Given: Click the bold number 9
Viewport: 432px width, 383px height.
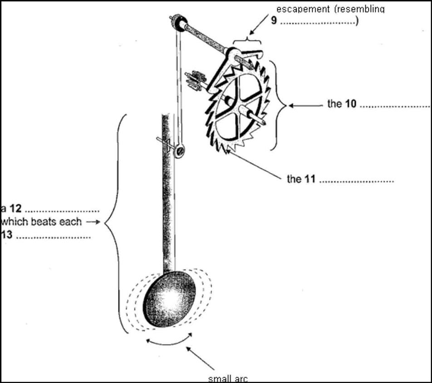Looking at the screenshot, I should (274, 21).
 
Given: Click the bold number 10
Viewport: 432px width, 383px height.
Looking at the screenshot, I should (350, 104).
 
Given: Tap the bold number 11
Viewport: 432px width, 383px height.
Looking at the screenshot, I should (309, 179).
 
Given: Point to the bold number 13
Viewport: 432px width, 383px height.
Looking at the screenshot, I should (6, 235).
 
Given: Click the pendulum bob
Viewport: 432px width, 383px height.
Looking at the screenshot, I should (170, 298).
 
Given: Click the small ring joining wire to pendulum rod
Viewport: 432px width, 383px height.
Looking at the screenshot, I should (180, 150).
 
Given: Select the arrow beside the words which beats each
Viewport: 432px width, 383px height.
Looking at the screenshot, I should (93, 222).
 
